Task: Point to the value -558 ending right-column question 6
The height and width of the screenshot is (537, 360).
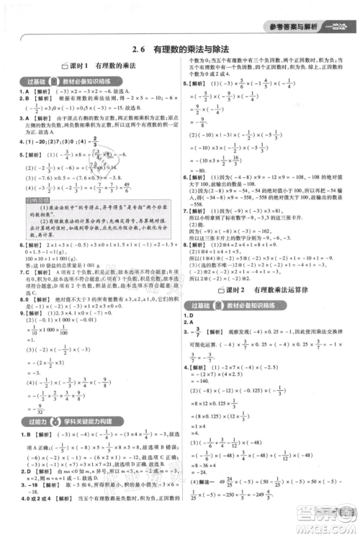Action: (197, 203)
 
